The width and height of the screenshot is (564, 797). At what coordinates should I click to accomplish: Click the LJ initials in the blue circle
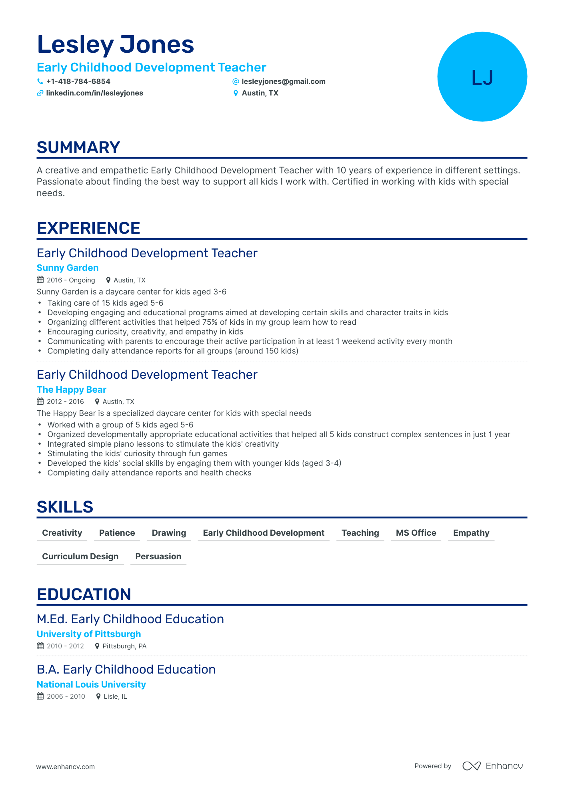[482, 78]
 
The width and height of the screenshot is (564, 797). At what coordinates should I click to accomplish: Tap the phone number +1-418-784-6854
[78, 81]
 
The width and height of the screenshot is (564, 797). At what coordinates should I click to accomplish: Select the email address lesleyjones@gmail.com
[284, 81]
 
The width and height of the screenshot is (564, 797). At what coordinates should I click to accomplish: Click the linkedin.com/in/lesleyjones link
[94, 93]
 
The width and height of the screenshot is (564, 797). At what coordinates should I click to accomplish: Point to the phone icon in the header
[40, 81]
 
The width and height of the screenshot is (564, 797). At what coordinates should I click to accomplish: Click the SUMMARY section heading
[78, 147]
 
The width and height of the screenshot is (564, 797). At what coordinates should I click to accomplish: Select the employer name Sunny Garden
[68, 268]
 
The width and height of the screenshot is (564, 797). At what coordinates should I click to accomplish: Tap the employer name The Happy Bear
[72, 390]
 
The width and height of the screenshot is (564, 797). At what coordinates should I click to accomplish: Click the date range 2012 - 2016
[65, 401]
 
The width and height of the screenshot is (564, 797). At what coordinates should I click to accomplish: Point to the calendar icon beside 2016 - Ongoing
[40, 280]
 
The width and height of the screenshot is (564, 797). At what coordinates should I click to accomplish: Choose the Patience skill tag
[117, 533]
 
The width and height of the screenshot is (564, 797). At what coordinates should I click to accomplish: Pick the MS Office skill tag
[416, 533]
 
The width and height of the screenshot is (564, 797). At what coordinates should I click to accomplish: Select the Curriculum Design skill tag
[80, 557]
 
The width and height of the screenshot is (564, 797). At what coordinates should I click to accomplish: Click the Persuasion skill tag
[158, 557]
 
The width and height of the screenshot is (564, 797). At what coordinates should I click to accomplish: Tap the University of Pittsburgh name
[89, 634]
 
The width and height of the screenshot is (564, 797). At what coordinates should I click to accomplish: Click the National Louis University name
[91, 684]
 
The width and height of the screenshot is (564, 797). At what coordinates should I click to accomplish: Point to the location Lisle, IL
[115, 696]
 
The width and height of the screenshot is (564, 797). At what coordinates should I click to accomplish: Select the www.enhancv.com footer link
[66, 767]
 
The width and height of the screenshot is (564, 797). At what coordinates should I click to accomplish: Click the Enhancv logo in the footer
[493, 766]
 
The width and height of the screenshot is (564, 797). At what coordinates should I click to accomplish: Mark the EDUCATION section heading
[84, 594]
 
